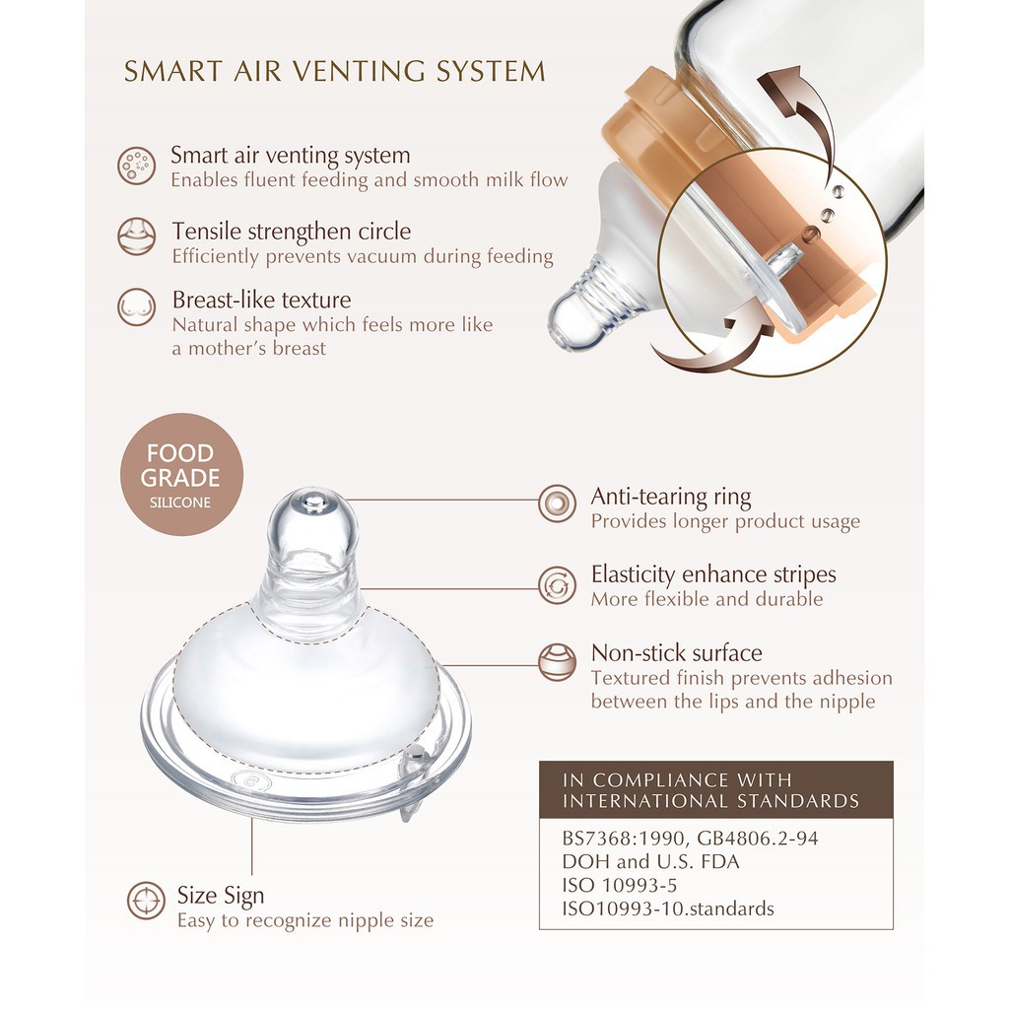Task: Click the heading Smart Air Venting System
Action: (335, 71)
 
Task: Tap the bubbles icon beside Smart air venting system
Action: (136, 166)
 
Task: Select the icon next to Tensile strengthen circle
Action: (136, 236)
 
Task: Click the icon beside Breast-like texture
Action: (136, 307)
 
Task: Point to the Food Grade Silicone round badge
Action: (181, 474)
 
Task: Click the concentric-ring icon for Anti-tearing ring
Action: (558, 504)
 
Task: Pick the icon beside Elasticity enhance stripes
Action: (558, 585)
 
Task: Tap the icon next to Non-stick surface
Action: (558, 662)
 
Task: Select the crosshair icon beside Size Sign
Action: (146, 901)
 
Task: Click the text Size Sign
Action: (221, 895)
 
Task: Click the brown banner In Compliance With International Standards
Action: (716, 789)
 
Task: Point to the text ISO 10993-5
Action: (620, 886)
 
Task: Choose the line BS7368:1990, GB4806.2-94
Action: (690, 839)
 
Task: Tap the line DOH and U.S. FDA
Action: (650, 861)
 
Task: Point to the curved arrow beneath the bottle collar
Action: (713, 347)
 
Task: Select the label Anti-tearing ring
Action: (670, 497)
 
